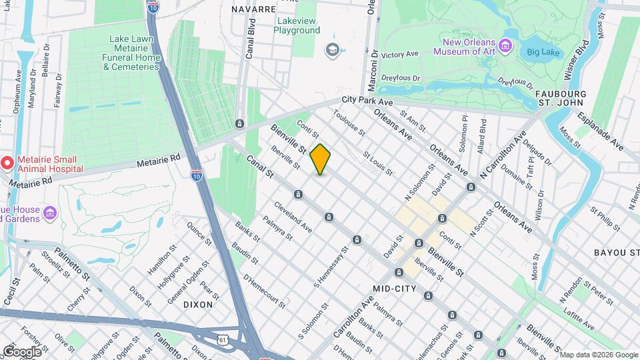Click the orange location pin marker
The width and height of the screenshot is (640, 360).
321,159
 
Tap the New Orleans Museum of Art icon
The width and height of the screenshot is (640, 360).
507,46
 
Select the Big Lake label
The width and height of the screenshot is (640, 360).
541,51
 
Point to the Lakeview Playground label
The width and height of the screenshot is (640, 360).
297,25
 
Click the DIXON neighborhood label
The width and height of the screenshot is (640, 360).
198,304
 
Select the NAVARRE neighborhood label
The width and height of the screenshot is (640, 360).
253,9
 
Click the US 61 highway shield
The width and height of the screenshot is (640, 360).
221,340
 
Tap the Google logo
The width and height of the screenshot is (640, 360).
22,351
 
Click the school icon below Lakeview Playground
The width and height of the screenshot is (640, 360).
331,50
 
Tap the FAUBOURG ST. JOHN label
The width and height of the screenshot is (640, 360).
560,98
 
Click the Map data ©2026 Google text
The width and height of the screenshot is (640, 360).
599,354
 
